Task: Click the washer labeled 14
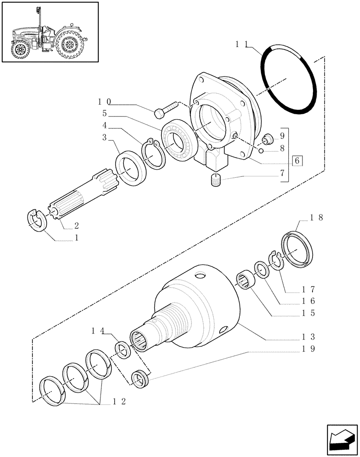point(123,350)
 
